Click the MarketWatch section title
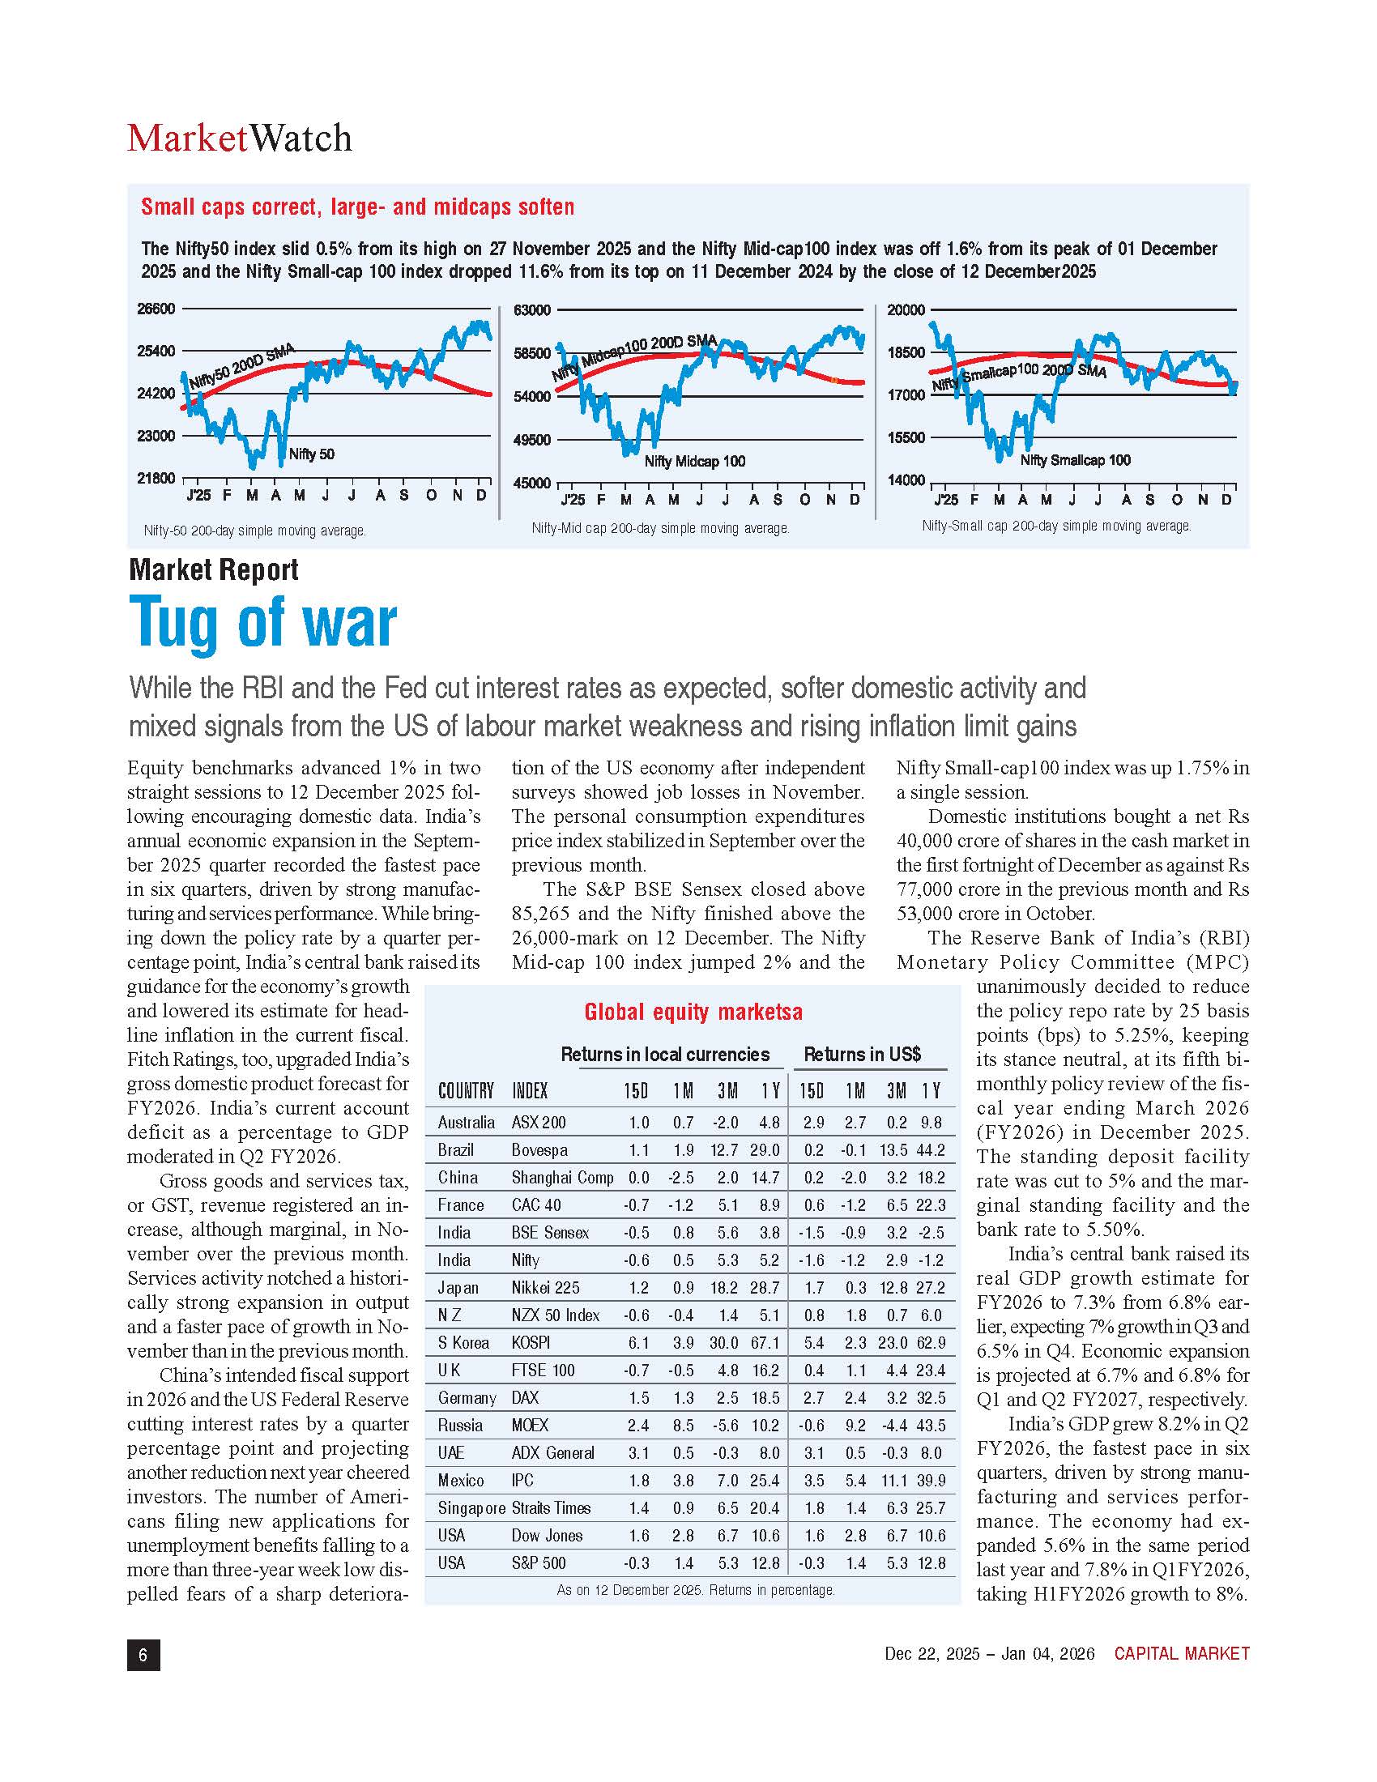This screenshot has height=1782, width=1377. pyautogui.click(x=239, y=138)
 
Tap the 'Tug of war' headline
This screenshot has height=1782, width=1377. pyautogui.click(x=262, y=622)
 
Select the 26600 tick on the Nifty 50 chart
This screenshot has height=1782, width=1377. pyautogui.click(x=156, y=309)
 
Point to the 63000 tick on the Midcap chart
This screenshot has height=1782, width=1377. pyautogui.click(x=532, y=310)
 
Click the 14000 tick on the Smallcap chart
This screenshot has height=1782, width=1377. pyautogui.click(x=906, y=480)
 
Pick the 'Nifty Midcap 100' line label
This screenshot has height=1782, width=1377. pyautogui.click(x=694, y=462)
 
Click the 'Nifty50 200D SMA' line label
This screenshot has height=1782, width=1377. pyautogui.click(x=241, y=367)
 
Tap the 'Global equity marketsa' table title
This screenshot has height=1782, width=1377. pyautogui.click(x=693, y=1012)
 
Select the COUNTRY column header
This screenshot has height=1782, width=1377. pyautogui.click(x=466, y=1091)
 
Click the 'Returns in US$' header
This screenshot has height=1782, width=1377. pyautogui.click(x=863, y=1054)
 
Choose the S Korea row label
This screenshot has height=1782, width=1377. pyautogui.click(x=463, y=1343)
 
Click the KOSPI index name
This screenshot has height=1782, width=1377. pyautogui.click(x=531, y=1343)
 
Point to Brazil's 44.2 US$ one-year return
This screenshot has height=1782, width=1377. pyautogui.click(x=930, y=1150)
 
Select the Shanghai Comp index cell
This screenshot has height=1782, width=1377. pyautogui.click(x=562, y=1178)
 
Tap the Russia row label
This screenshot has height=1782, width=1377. pyautogui.click(x=460, y=1426)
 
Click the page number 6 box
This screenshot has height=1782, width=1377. pyautogui.click(x=143, y=1654)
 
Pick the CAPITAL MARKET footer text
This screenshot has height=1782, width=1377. pyautogui.click(x=1181, y=1654)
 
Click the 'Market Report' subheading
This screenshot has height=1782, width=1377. pyautogui.click(x=214, y=569)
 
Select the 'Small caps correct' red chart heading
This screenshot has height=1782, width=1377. pyautogui.click(x=357, y=207)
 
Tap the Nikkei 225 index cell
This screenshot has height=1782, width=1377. pyautogui.click(x=545, y=1288)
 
